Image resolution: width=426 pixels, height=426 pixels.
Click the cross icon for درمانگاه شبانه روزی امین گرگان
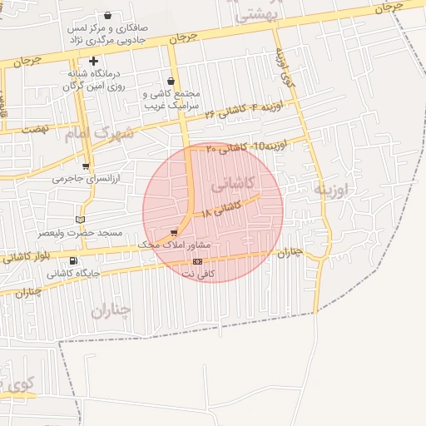coord(93,61)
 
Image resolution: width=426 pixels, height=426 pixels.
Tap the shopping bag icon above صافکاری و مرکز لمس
coord(108,16)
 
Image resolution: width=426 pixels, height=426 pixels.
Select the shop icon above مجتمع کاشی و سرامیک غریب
coord(171,82)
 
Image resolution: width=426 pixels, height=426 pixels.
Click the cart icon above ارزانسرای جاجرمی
coord(86,166)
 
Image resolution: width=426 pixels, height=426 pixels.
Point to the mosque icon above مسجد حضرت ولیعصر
coord(80,219)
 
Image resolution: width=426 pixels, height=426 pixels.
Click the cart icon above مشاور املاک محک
coord(174,234)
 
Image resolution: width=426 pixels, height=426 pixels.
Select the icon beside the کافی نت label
coord(197,261)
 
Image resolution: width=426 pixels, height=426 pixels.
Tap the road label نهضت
coord(35,129)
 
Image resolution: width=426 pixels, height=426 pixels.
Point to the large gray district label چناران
coord(111,310)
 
